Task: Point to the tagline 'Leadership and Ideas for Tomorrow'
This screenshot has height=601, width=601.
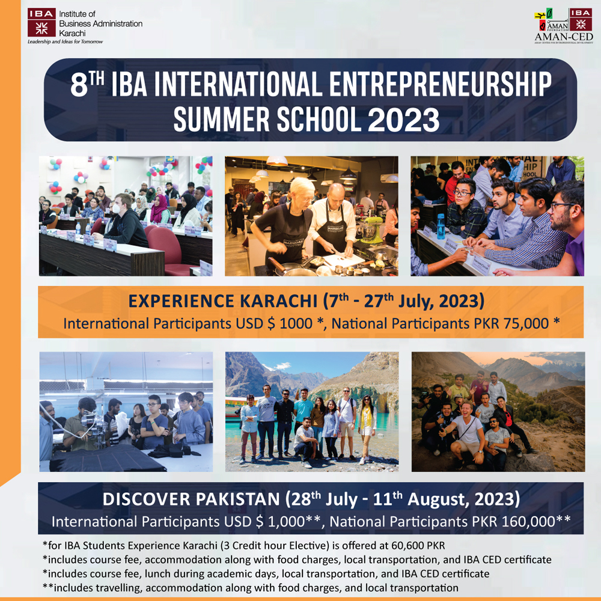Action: (65, 42)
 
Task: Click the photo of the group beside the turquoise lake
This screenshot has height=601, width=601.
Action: (311, 411)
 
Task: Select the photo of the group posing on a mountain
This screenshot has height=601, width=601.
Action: (498, 411)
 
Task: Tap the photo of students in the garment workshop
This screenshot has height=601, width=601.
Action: (126, 411)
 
